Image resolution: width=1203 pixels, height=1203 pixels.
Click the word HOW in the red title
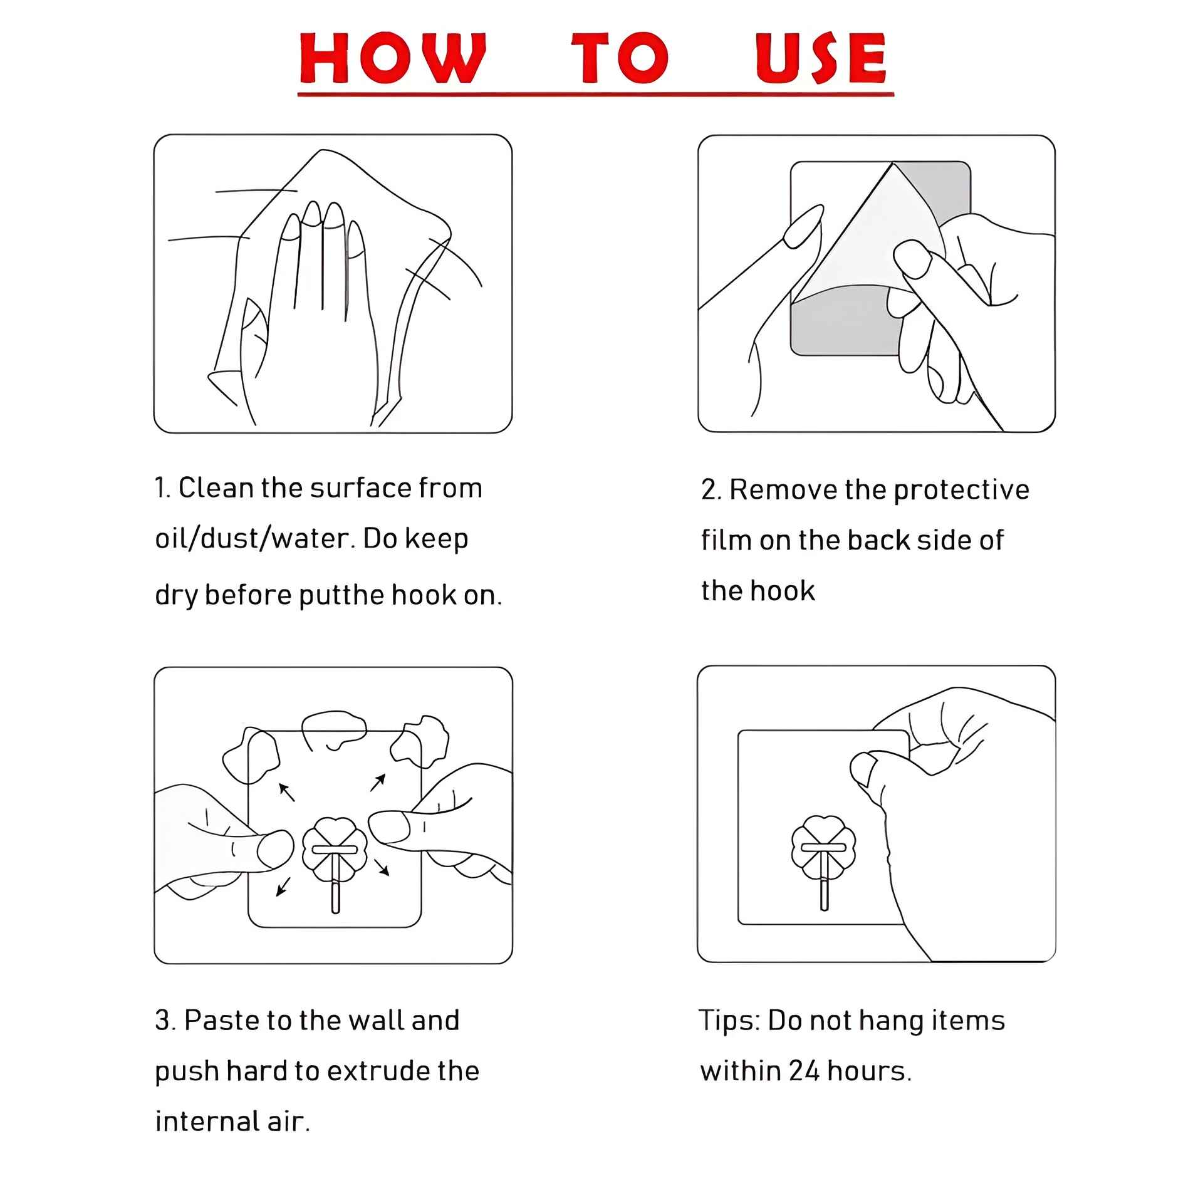pyautogui.click(x=393, y=58)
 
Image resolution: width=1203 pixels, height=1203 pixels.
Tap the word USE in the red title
pyautogui.click(x=821, y=58)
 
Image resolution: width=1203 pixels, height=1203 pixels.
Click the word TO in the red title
pyautogui.click(x=620, y=58)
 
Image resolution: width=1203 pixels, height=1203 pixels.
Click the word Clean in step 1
pyautogui.click(x=216, y=488)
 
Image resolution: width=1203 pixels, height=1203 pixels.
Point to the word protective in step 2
pyautogui.click(x=961, y=491)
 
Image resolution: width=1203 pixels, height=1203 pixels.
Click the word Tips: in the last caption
pyautogui.click(x=729, y=1021)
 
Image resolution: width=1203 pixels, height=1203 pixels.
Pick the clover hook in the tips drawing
pyautogui.click(x=823, y=852)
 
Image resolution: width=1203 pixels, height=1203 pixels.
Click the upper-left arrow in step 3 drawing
pyautogui.click(x=286, y=792)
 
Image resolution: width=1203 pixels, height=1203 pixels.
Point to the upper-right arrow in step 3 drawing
pyautogui.click(x=377, y=783)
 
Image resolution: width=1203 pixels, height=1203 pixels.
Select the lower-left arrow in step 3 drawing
pyautogui.click(x=283, y=886)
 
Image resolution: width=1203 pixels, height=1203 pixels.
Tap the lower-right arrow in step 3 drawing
pyautogui.click(x=382, y=867)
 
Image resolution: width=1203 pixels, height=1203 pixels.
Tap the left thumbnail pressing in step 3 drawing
pyautogui.click(x=274, y=850)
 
